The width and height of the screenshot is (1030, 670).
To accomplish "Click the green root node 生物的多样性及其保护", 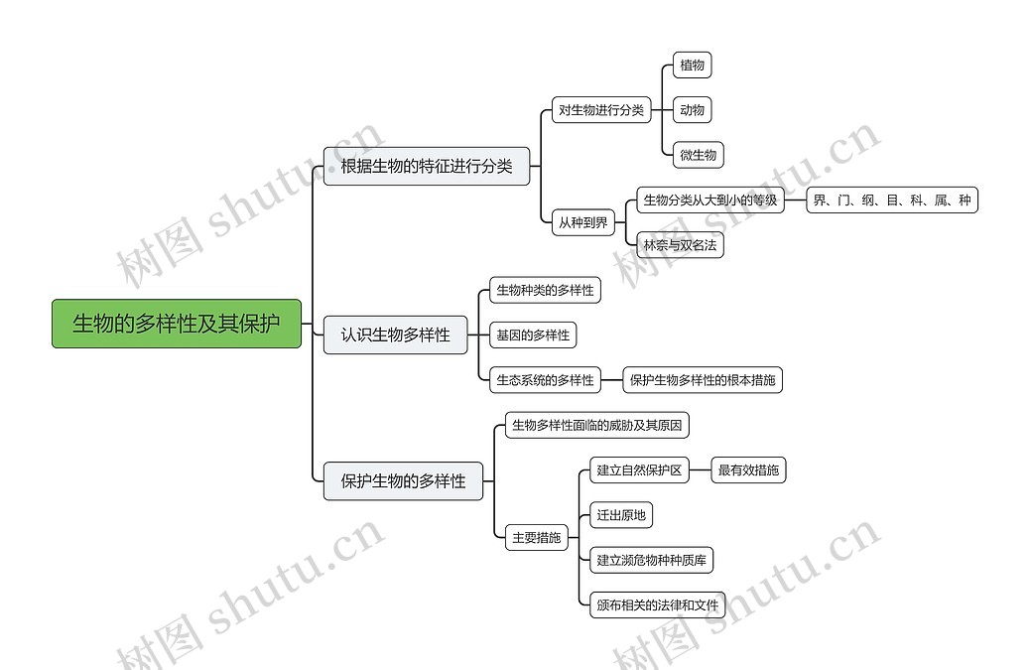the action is click(x=177, y=324).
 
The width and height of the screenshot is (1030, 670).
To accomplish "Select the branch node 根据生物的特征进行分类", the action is click(x=427, y=166).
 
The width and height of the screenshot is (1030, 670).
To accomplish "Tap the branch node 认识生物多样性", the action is click(x=395, y=335).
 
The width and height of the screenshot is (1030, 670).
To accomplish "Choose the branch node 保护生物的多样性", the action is click(x=403, y=481).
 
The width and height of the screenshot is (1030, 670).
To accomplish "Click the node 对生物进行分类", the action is click(x=601, y=110).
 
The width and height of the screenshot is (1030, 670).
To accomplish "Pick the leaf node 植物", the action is click(x=692, y=66).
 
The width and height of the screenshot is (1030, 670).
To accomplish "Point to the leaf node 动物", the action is click(x=692, y=110).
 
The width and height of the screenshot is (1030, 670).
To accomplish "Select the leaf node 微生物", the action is click(x=698, y=155).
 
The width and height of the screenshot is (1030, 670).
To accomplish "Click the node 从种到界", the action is click(x=582, y=222).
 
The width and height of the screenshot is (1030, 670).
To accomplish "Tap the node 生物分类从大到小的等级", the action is click(x=709, y=201).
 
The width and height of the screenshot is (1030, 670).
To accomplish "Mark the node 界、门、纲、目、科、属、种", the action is click(x=892, y=201).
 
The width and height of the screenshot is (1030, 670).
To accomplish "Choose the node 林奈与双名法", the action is click(x=680, y=244).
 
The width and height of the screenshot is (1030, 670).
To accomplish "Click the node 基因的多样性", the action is click(x=534, y=335).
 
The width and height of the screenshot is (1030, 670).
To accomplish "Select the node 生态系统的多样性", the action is click(x=546, y=379).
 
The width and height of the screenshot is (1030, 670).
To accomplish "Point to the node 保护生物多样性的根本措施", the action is click(x=703, y=379).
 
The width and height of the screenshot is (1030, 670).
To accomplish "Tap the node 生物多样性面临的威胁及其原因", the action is click(x=596, y=426).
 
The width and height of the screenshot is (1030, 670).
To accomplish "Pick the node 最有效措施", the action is click(x=748, y=470).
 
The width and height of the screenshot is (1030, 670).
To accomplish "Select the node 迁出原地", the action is click(x=621, y=514).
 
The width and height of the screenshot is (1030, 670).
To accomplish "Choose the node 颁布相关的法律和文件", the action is click(x=658, y=604).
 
